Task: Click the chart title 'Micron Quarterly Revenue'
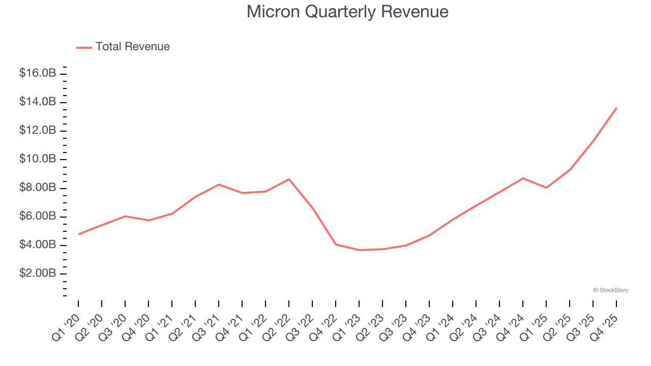click(x=347, y=12)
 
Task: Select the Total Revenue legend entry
click(x=123, y=47)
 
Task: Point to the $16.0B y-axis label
click(x=38, y=73)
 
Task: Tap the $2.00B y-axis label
click(x=38, y=273)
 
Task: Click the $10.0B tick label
click(x=38, y=159)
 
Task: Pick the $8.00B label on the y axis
click(x=38, y=188)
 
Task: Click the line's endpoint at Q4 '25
click(x=616, y=108)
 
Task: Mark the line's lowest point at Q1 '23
click(x=359, y=250)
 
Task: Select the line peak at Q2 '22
click(x=289, y=179)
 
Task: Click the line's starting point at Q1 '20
click(x=79, y=234)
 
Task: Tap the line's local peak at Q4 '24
click(x=523, y=178)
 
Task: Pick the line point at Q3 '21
click(x=219, y=184)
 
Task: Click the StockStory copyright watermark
click(x=610, y=290)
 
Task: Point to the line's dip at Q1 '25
click(x=546, y=188)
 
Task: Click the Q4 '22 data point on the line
click(x=336, y=244)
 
